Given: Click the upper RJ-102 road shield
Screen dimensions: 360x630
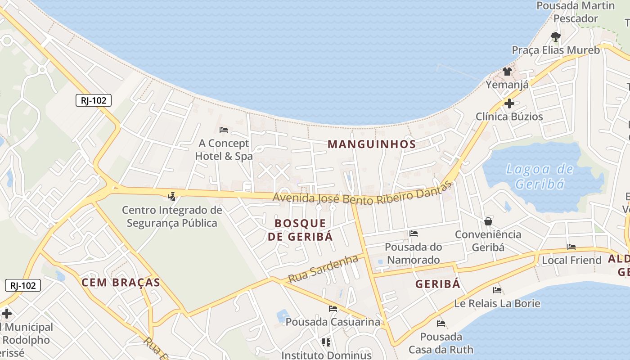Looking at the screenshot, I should pyautogui.click(x=94, y=100).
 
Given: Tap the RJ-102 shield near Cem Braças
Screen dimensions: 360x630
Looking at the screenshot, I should pyautogui.click(x=23, y=285).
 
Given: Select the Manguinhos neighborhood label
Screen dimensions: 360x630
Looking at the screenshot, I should pyautogui.click(x=371, y=144).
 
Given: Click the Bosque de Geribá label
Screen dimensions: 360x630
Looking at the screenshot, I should pyautogui.click(x=300, y=229).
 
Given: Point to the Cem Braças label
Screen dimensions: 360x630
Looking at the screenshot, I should pyautogui.click(x=121, y=283).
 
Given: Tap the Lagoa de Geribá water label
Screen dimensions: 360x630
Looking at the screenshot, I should pyautogui.click(x=540, y=176).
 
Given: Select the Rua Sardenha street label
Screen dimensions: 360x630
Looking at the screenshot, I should pyautogui.click(x=323, y=269).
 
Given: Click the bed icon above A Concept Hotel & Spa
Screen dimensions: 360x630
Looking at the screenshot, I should pyautogui.click(x=224, y=130).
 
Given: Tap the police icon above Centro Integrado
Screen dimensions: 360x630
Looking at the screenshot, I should pyautogui.click(x=171, y=196).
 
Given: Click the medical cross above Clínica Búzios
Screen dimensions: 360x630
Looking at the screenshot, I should pyautogui.click(x=509, y=103).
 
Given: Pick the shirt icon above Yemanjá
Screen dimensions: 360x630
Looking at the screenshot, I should pyautogui.click(x=507, y=71).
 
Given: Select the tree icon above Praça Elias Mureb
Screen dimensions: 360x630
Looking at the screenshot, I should pyautogui.click(x=556, y=36).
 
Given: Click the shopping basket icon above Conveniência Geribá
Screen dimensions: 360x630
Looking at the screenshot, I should pyautogui.click(x=488, y=221).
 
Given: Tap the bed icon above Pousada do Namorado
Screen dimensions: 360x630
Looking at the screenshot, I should pyautogui.click(x=414, y=233).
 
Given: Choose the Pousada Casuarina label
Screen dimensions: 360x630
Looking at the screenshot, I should pyautogui.click(x=333, y=322).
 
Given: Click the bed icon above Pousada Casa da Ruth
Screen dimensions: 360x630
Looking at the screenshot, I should pyautogui.click(x=441, y=323).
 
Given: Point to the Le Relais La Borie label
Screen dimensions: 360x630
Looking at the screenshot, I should pyautogui.click(x=497, y=303).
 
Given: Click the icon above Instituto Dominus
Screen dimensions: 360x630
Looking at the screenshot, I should pyautogui.click(x=326, y=342).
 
